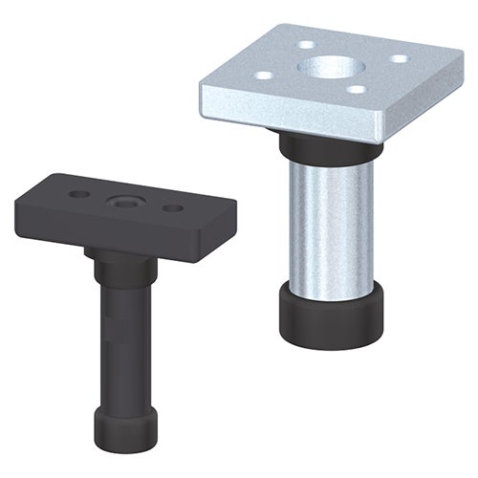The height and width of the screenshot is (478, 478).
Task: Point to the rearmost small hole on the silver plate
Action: point(305,44)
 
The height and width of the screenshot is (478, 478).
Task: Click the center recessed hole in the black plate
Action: point(124,202)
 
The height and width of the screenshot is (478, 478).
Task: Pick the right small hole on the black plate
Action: point(172,207)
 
